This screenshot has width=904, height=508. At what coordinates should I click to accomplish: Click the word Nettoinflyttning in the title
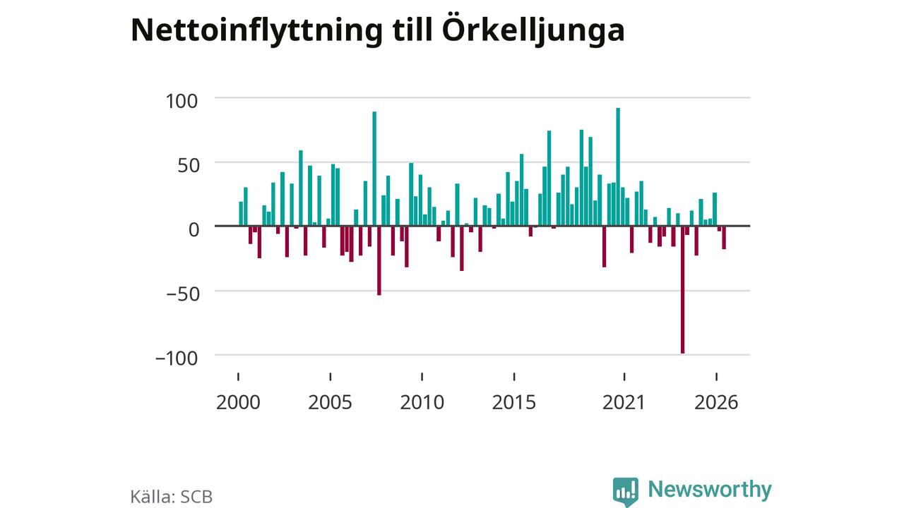(256, 31)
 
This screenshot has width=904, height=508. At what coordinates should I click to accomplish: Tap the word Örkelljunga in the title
(533, 30)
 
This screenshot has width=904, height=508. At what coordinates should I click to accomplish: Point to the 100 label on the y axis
(182, 101)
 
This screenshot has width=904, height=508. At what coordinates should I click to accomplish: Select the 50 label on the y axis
(189, 165)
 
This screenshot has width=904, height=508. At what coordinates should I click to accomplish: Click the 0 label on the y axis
(194, 230)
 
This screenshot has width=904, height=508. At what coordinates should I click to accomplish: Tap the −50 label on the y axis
(183, 294)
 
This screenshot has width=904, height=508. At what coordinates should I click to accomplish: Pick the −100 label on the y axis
(177, 358)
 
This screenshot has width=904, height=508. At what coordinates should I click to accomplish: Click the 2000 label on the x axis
(238, 402)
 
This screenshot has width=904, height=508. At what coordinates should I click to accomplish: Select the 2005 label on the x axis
(330, 402)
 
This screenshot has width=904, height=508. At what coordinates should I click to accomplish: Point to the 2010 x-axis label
(422, 402)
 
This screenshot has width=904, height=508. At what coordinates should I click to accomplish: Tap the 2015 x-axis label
(513, 402)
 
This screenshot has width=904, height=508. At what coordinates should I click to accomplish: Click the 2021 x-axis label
(624, 402)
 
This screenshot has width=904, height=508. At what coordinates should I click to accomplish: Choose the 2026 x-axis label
(716, 402)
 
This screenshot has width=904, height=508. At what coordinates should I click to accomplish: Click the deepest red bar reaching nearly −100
(682, 290)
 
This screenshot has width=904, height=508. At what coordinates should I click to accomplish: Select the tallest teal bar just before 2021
(618, 167)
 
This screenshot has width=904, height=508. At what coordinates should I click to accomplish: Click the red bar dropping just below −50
(379, 260)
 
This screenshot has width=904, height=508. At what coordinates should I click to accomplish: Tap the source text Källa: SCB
(171, 497)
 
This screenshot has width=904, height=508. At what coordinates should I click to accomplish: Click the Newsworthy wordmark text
(710, 489)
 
